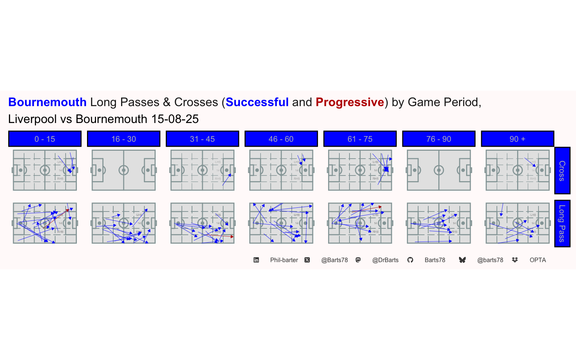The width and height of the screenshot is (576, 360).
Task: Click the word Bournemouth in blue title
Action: [47, 102]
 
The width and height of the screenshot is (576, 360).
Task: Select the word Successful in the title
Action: [257, 102]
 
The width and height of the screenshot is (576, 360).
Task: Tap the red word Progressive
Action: [349, 102]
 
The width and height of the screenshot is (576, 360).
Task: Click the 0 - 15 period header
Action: [45, 139]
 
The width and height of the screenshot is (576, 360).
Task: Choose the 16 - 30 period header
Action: [123, 139]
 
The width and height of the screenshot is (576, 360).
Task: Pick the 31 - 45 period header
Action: [202, 139]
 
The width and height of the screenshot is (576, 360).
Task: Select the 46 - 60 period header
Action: [281, 139]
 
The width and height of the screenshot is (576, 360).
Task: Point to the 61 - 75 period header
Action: [360, 139]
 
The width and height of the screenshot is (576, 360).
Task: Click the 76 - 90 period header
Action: [438, 139]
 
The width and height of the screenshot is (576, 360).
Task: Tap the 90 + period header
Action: [517, 139]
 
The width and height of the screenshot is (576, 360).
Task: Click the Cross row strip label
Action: [562, 171]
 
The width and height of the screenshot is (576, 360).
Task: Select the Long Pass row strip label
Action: [562, 223]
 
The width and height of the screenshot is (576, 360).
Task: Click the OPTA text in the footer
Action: [537, 260]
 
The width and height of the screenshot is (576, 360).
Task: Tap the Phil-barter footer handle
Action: [284, 260]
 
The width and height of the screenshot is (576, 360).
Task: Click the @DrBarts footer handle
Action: [385, 260]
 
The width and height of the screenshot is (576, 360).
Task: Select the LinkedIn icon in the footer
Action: [256, 260]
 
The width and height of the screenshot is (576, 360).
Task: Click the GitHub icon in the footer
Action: [410, 260]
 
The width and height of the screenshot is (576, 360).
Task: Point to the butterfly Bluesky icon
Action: [462, 260]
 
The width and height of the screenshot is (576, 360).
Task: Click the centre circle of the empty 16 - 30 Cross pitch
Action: [124, 170]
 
